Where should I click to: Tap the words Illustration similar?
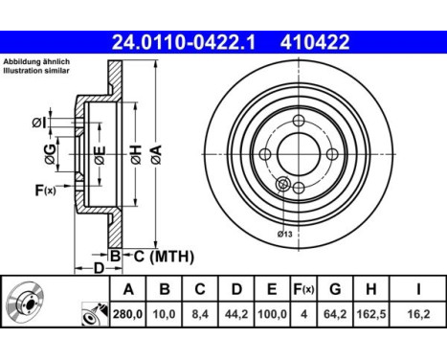(36, 72)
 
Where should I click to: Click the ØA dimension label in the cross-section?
(155, 156)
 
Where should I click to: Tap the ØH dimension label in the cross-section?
(135, 156)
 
